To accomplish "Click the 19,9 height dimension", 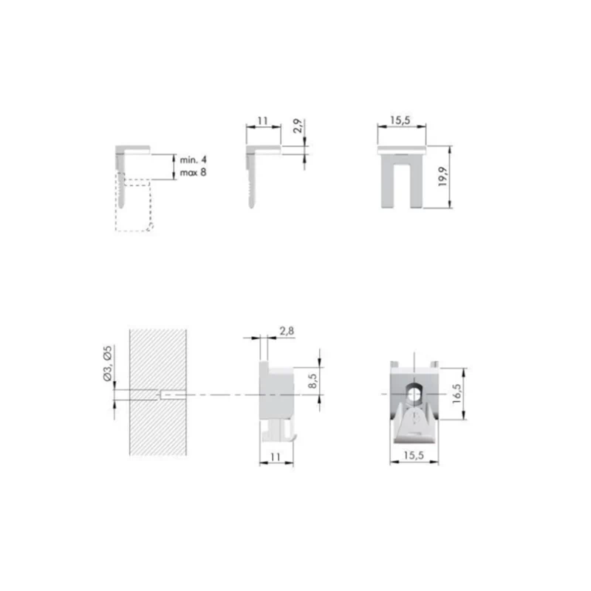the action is point(443,177).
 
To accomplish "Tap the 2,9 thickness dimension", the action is point(298,126).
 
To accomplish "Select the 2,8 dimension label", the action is point(287,331).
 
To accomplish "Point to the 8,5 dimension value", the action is point(312,380).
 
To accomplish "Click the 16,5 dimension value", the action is point(457,394).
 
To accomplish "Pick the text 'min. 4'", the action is point(193,160).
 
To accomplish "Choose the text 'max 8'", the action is point(193,173).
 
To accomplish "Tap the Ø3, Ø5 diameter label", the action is point(108,363).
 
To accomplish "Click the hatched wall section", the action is point(158,392).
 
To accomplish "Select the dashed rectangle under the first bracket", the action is point(134,230).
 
